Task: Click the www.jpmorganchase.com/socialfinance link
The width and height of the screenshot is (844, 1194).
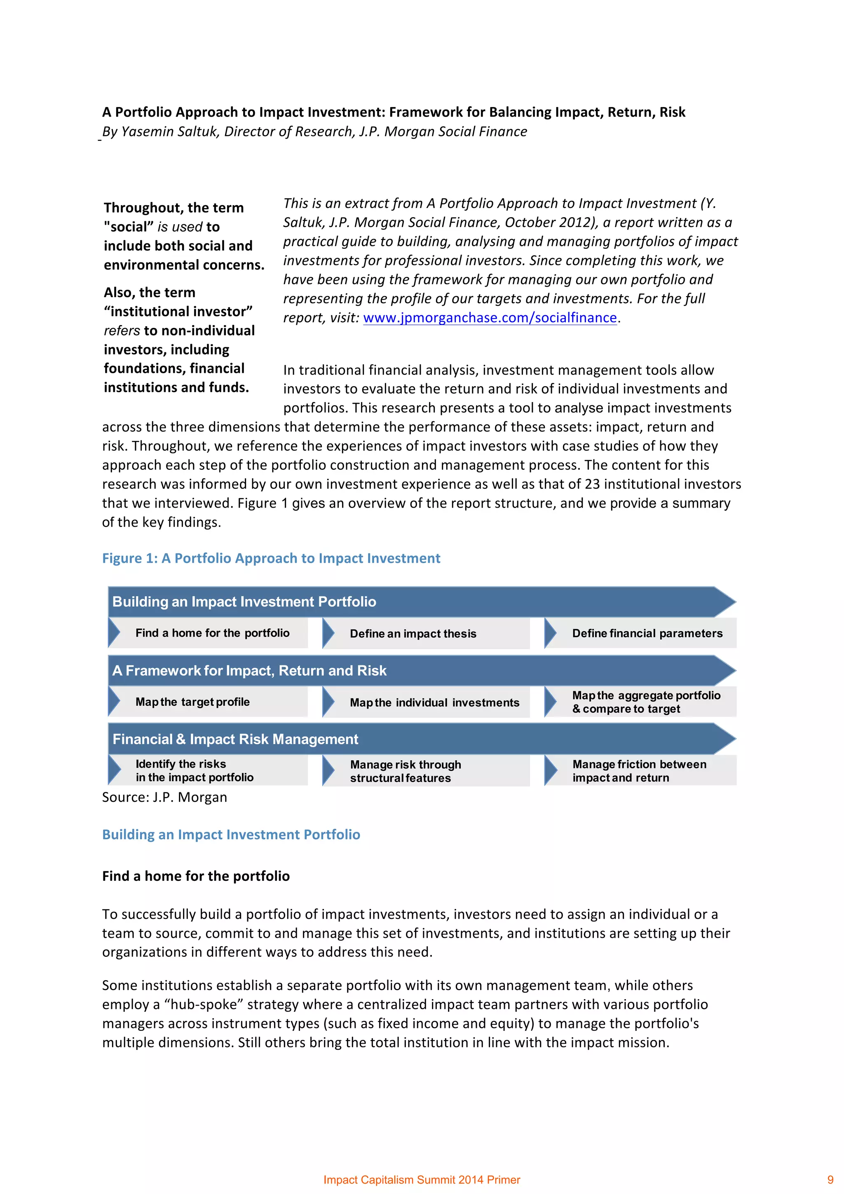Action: (x=489, y=317)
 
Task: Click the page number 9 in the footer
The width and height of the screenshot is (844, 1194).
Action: (x=830, y=1180)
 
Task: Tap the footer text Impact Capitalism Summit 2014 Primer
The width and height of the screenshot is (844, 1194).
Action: (x=422, y=1180)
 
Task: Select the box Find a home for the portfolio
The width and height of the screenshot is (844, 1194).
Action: (x=212, y=633)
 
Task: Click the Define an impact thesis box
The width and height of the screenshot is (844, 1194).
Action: (x=413, y=633)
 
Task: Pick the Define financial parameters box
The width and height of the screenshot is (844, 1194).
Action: (x=647, y=633)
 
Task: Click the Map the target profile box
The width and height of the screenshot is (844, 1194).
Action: (x=192, y=702)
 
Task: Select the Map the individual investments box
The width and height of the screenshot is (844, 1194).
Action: (x=434, y=702)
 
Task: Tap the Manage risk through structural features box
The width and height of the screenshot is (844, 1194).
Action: (x=406, y=771)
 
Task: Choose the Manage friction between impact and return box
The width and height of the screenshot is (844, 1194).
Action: (x=639, y=771)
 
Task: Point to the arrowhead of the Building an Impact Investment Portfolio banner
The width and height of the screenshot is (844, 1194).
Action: (x=724, y=602)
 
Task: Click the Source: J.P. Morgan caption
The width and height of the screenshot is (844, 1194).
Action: (x=164, y=797)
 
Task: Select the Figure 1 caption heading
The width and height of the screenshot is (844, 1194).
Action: (x=271, y=558)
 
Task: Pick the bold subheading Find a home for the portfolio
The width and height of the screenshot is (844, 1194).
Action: (x=195, y=876)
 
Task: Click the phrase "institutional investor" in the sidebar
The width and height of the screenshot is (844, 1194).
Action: (x=178, y=311)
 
